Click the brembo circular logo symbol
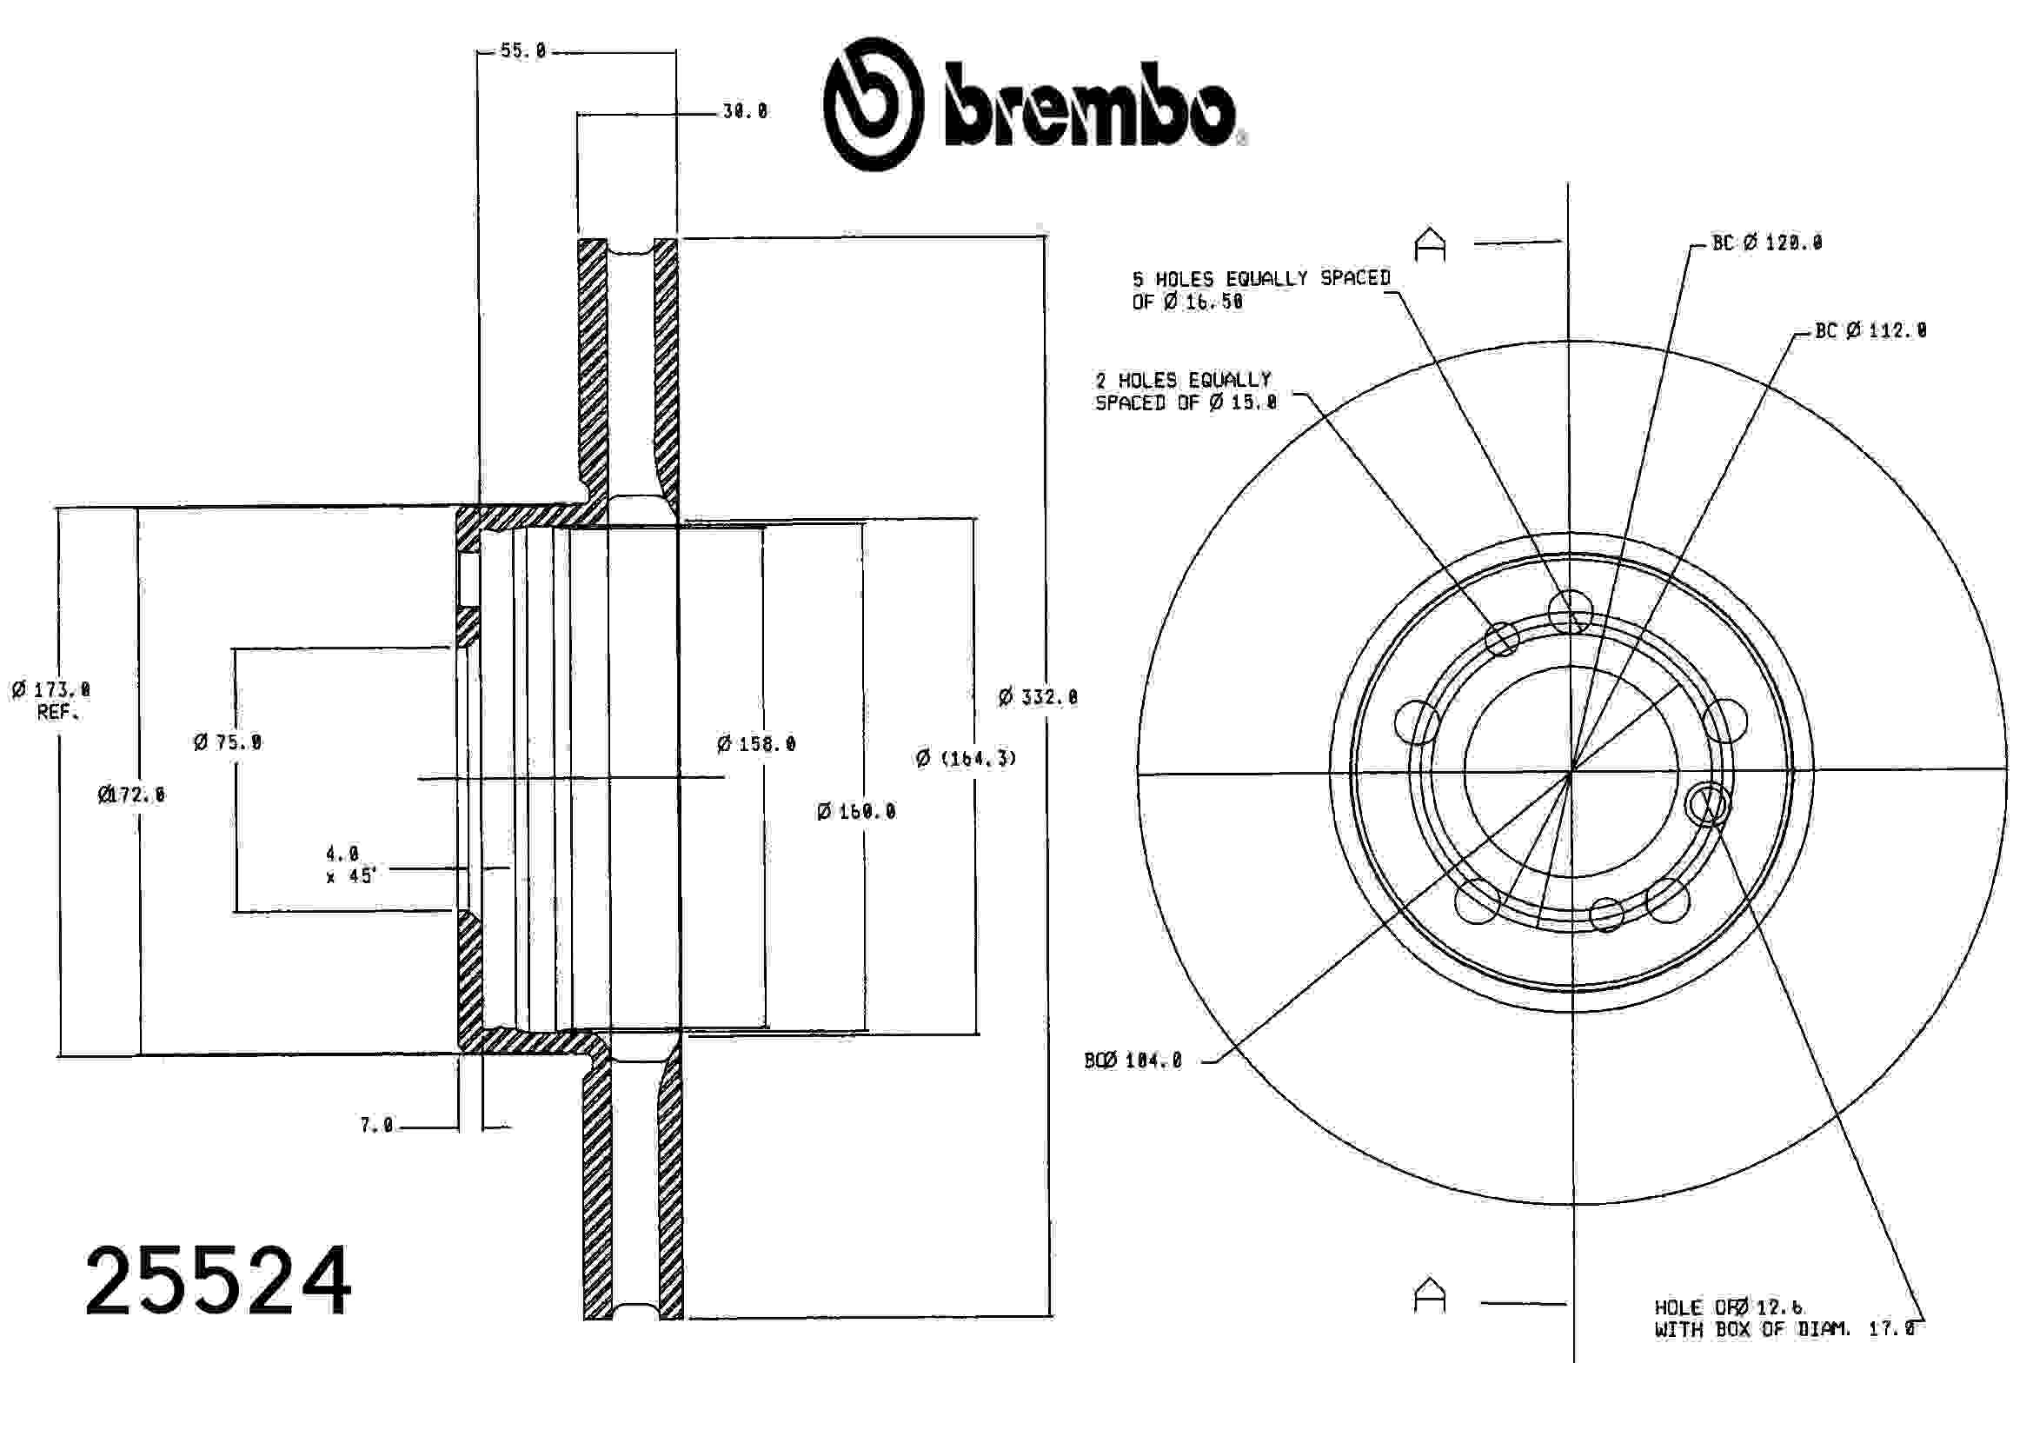coord(873,103)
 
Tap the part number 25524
coord(217,1281)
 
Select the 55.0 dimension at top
coord(522,50)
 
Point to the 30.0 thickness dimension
coord(745,112)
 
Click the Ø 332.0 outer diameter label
coord(1037,697)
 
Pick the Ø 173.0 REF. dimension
coord(51,700)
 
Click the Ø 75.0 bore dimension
coord(228,742)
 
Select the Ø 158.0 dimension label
coord(756,744)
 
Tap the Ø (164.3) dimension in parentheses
coord(966,758)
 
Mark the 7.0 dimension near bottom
coord(375,1126)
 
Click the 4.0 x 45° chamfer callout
coord(350,865)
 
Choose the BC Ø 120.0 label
coord(1766,243)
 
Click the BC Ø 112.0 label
coord(1870,330)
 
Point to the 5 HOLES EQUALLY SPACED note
coord(1260,289)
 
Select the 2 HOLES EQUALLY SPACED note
coord(1185,391)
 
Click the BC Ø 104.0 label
coord(1133,1061)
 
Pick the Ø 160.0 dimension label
coord(855,811)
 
